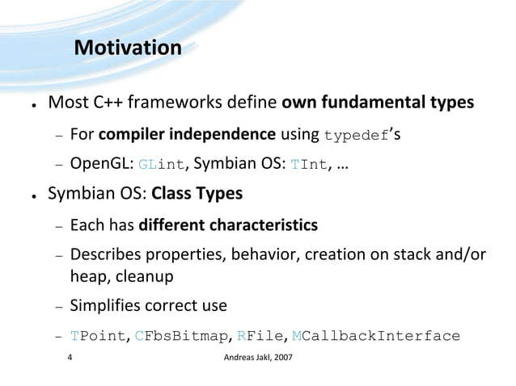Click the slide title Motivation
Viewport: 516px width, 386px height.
point(127,48)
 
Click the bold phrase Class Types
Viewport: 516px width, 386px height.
point(197,194)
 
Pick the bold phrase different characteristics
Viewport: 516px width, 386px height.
point(228,224)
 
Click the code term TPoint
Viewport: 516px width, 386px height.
point(95,337)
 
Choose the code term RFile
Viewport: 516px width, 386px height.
point(261,337)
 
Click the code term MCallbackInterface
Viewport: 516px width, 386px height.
point(375,337)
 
